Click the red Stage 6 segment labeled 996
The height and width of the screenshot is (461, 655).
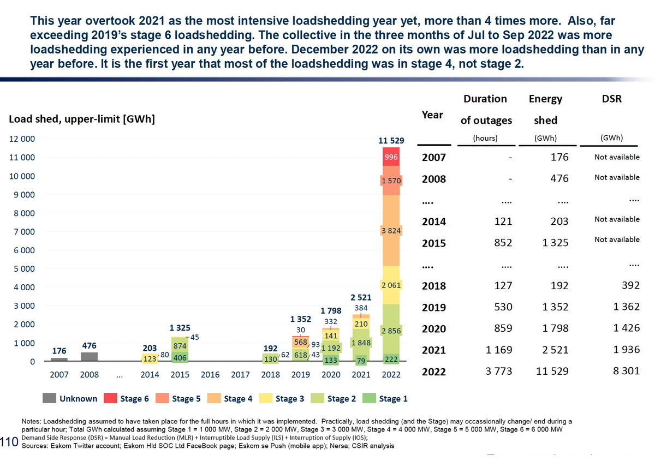391,157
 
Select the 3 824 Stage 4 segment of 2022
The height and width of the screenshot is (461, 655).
391,230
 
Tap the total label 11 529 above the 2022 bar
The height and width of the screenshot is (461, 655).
391,140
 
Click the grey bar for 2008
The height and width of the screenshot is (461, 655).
90,356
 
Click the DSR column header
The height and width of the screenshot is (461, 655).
610,99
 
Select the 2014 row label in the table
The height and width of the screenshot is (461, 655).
434,221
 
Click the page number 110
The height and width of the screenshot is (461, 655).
9,441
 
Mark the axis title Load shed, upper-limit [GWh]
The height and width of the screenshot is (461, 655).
81,119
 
